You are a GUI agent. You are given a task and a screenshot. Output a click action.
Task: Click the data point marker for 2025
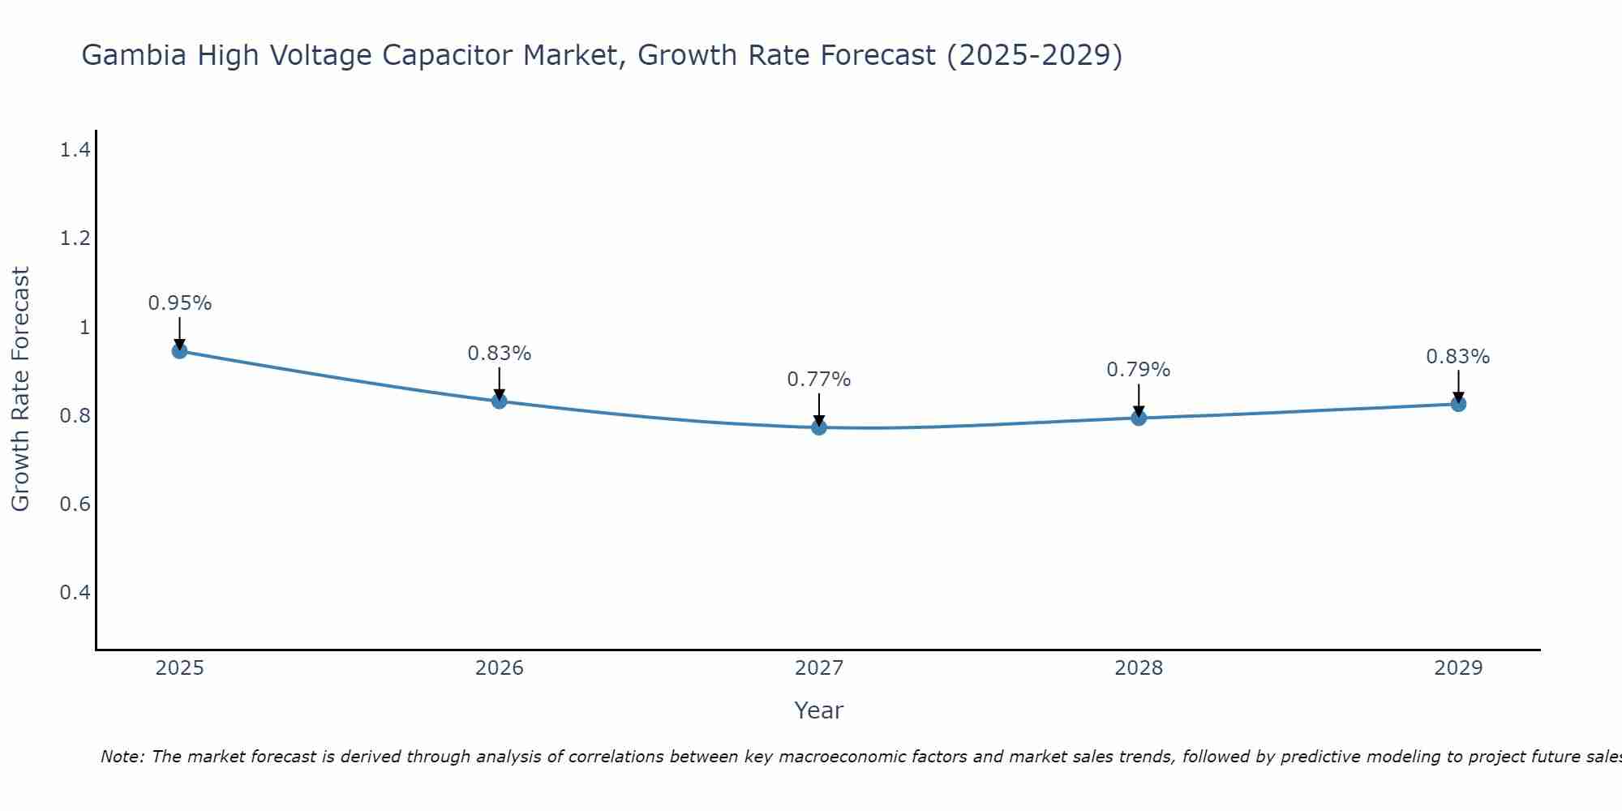click(179, 351)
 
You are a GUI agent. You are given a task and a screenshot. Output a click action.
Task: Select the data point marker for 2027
click(819, 427)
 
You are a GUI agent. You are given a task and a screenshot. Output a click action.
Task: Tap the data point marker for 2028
click(1139, 418)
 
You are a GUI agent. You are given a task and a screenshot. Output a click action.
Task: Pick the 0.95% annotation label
click(179, 303)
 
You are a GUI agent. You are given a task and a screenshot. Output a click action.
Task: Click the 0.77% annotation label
click(819, 380)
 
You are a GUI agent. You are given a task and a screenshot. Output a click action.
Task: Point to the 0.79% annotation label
click(1139, 370)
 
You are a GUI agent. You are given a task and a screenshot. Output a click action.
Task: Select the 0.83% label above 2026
click(499, 354)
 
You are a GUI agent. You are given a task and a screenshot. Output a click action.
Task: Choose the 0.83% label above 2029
click(1458, 357)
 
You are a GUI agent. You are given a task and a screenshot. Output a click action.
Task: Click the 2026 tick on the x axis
click(499, 668)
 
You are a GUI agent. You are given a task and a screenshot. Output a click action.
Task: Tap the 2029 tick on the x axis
click(1458, 668)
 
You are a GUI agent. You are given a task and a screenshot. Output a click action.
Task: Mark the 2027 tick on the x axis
click(819, 668)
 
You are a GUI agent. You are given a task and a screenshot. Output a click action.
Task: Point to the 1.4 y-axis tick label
click(75, 150)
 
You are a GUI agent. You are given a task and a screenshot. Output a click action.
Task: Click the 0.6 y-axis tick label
click(75, 504)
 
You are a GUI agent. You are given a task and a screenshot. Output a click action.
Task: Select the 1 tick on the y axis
click(84, 328)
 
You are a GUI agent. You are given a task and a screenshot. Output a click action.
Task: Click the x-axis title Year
click(819, 710)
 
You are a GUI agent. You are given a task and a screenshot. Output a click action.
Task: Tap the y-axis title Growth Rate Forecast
click(21, 389)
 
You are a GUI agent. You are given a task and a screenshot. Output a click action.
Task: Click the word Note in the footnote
click(122, 757)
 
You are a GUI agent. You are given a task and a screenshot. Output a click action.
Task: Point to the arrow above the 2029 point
click(1458, 386)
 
